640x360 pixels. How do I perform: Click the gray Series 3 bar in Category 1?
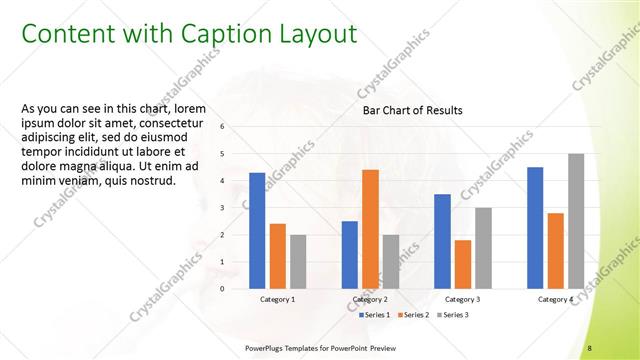(298, 262)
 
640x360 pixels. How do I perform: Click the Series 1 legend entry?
(376, 315)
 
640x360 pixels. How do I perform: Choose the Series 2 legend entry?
(415, 315)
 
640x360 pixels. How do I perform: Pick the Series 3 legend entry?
(453, 315)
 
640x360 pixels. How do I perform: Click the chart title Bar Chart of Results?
(412, 111)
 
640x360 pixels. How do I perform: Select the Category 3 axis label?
(462, 299)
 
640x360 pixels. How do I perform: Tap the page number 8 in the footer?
(589, 347)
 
